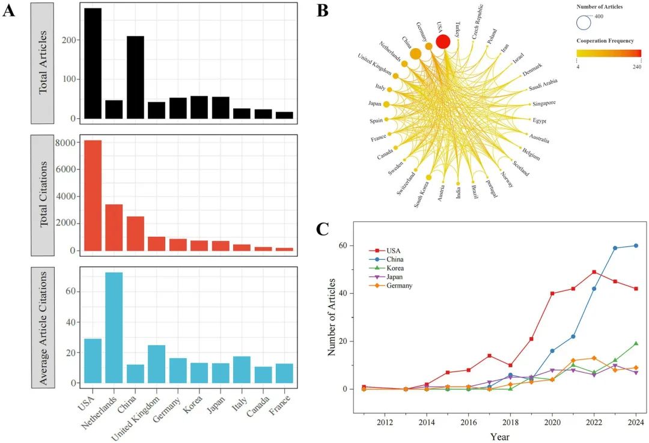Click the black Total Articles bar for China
click(x=135, y=78)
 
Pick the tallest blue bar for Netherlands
click(x=114, y=328)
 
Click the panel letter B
click(x=322, y=10)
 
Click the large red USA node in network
click(x=443, y=41)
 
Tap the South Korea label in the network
click(x=422, y=194)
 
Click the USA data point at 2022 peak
click(x=594, y=272)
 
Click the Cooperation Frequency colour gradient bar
click(x=608, y=53)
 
